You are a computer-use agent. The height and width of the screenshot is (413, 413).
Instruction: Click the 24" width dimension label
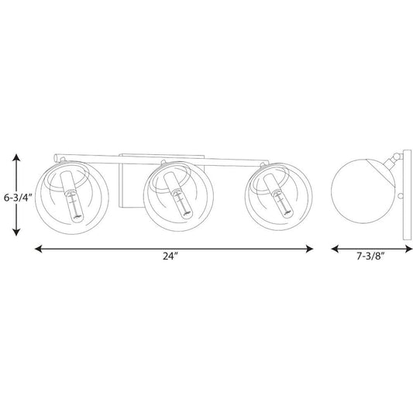pos(170,256)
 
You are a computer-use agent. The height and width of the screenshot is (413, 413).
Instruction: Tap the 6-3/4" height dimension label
pos(18,198)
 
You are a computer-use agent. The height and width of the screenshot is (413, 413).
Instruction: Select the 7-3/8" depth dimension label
pos(371,256)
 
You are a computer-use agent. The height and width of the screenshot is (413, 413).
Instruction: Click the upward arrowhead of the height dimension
pos(16,157)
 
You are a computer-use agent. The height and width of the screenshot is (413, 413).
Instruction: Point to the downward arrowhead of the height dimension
pos(16,232)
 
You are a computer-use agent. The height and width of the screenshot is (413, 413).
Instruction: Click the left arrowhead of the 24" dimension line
pos(39,249)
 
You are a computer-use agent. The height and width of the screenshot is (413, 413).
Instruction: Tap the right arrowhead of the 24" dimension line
pos(309,249)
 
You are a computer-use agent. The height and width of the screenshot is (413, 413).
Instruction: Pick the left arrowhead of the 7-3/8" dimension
pos(335,249)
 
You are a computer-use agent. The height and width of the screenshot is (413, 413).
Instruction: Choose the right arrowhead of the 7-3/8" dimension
pos(409,249)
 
